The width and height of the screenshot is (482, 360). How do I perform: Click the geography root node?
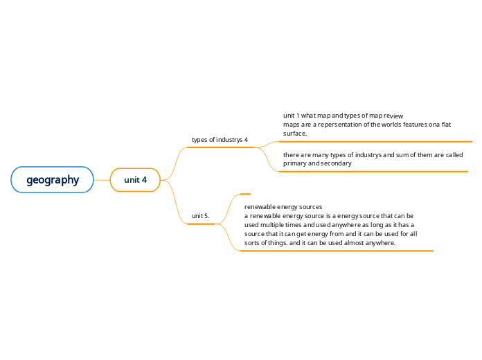(x=52, y=180)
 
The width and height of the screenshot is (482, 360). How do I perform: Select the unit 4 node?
(x=135, y=180)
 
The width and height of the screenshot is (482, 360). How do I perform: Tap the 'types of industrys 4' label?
(x=220, y=140)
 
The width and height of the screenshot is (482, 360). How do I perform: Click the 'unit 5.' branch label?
(x=200, y=216)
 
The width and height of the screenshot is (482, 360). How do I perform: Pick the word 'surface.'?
(x=295, y=133)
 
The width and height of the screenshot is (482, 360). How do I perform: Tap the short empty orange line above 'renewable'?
(x=244, y=194)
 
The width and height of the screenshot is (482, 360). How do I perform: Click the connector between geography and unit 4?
(x=102, y=180)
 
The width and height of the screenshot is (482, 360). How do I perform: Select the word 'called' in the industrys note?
(x=454, y=155)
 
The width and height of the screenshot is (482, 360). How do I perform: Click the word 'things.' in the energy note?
(x=274, y=243)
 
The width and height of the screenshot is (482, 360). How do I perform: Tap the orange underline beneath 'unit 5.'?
(x=201, y=224)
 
